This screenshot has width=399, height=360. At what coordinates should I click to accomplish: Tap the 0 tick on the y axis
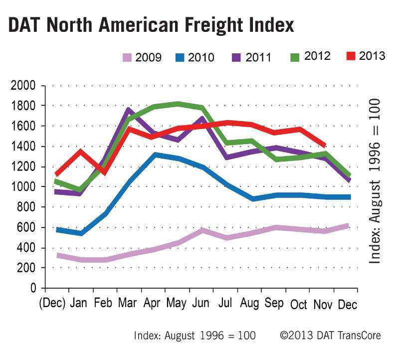[33, 288]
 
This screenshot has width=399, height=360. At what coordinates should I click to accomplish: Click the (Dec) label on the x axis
[52, 304]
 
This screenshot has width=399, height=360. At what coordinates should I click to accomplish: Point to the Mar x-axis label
[128, 304]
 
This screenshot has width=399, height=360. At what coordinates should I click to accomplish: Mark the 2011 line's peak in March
[129, 109]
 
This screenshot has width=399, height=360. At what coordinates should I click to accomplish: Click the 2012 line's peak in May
[178, 104]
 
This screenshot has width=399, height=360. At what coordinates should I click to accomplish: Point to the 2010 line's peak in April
[155, 155]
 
